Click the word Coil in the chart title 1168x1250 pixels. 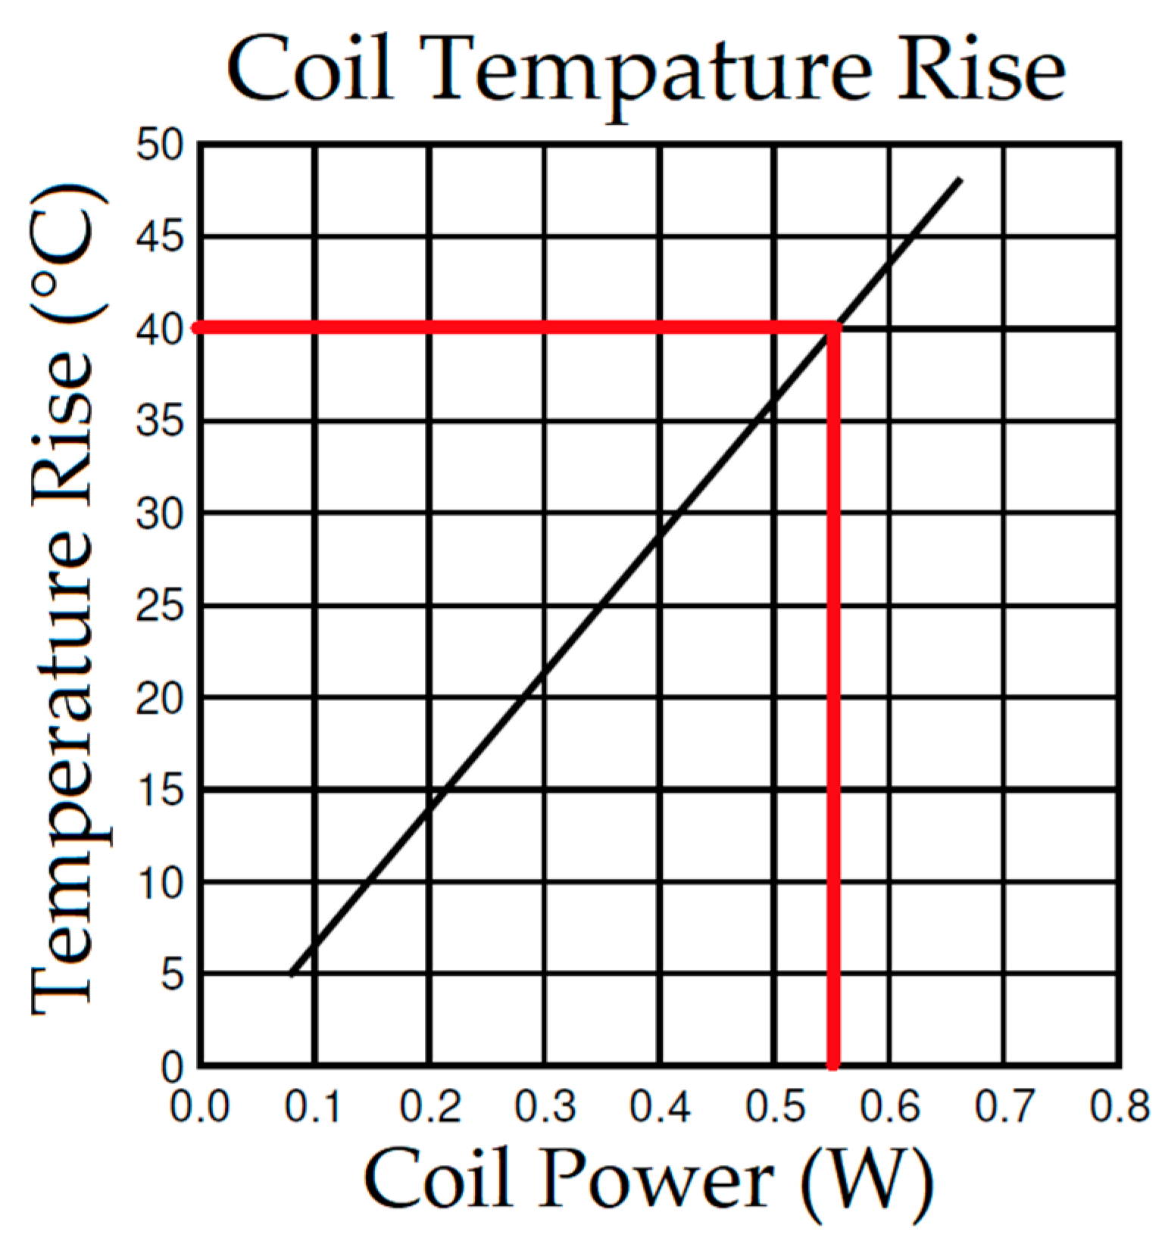tap(310, 70)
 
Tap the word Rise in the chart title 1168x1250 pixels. tap(981, 70)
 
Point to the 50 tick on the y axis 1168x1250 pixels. tap(160, 144)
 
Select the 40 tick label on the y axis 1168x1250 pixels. tap(160, 329)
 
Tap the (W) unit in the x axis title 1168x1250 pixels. tap(867, 1181)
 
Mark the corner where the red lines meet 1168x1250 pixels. tap(834, 328)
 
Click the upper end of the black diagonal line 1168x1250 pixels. tap(960, 179)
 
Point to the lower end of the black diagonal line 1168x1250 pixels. tap(291, 974)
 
